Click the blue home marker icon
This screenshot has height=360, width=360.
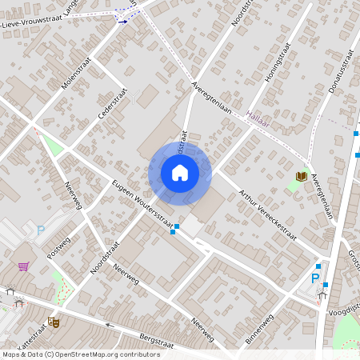tap(180, 172)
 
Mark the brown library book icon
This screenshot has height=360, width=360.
tap(301, 176)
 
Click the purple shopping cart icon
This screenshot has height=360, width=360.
tap(24, 266)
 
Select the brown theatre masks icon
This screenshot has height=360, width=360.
tap(54, 322)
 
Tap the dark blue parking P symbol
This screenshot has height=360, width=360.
tap(315, 278)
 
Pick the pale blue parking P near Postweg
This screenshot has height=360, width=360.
tap(41, 230)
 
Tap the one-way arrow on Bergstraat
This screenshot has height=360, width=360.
tap(110, 326)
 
